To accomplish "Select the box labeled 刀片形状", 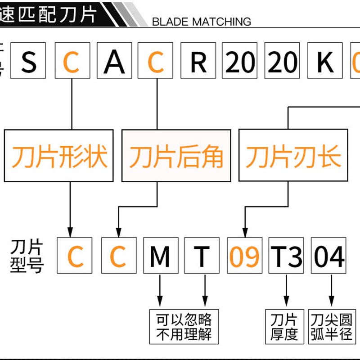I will tap(59, 156).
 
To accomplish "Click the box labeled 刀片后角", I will tap(176, 156).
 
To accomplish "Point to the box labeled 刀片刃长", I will tap(293, 156).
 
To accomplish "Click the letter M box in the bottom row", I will tap(160, 256).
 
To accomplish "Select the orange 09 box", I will tap(245, 256).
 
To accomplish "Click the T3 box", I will tap(287, 256).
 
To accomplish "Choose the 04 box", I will tap(329, 256).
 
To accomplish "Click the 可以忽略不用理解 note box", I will tap(183, 327).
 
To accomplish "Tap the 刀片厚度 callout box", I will tap(284, 327).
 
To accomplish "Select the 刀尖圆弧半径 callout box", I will tap(332, 327).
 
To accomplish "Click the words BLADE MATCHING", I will tap(202, 21).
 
